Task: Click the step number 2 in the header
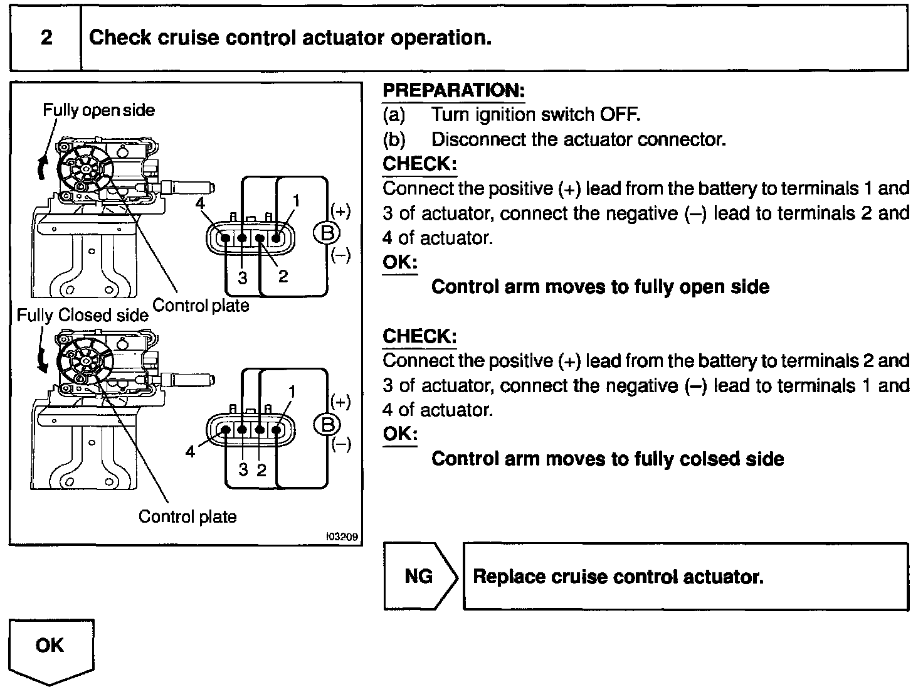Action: tap(46, 38)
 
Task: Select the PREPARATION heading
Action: tap(453, 90)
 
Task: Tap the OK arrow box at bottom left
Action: tap(50, 646)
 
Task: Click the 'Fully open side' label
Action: tap(98, 110)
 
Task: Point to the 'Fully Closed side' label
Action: tap(82, 315)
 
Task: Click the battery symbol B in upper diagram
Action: tap(326, 233)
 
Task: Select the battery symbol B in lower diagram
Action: tap(326, 425)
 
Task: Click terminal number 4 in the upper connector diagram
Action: tap(200, 204)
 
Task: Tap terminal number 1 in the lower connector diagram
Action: tap(292, 392)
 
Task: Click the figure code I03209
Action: tap(342, 537)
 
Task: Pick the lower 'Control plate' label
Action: tap(187, 517)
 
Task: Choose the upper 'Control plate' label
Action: tap(201, 306)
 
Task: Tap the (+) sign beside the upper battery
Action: tap(340, 211)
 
